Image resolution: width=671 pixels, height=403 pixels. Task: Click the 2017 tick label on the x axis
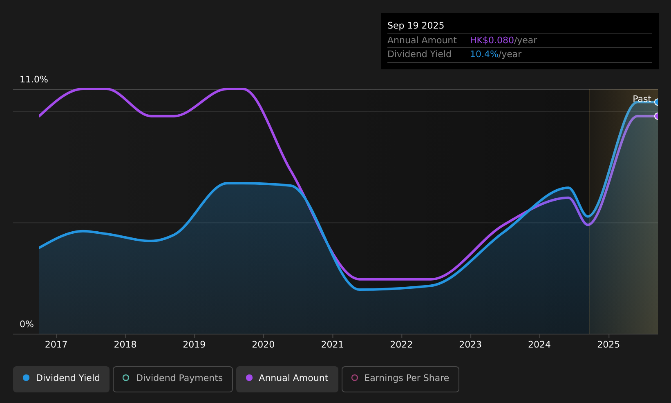(56, 345)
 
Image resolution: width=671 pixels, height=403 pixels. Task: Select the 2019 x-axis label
(194, 345)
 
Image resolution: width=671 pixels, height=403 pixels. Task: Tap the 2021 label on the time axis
(332, 345)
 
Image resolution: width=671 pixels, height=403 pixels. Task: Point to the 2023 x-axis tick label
(470, 345)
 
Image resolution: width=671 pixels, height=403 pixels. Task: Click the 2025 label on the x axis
(608, 345)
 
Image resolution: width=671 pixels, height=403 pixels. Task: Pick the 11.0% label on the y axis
(34, 80)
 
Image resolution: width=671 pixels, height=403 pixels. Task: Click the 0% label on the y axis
(27, 324)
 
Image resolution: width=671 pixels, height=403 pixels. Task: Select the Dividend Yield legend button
(61, 379)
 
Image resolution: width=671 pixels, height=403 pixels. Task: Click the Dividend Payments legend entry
(173, 379)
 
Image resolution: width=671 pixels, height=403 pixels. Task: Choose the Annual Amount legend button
(287, 379)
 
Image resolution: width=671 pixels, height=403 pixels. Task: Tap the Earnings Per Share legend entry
(400, 379)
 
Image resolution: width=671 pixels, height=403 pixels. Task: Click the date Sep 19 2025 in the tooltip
(416, 26)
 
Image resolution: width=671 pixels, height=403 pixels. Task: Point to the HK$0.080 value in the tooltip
(492, 40)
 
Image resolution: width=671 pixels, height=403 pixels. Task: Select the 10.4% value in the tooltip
(484, 54)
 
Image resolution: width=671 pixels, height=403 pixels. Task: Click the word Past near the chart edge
(642, 99)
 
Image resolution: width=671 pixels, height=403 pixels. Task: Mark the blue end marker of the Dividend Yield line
(657, 102)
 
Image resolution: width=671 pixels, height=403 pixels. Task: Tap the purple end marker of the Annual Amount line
(657, 116)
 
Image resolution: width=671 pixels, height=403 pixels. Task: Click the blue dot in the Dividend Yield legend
(26, 378)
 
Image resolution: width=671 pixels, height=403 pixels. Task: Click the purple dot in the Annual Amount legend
(249, 378)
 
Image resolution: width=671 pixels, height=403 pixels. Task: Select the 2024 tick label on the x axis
(539, 345)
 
